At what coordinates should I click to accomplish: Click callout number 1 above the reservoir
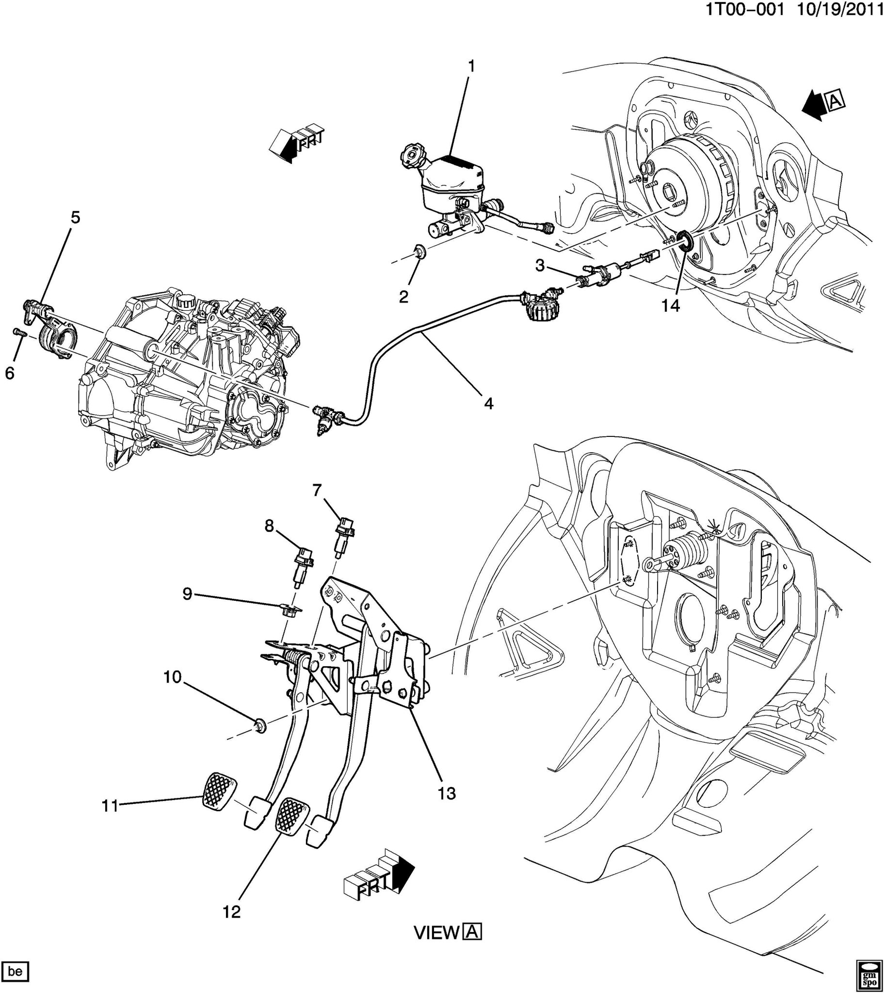tap(471, 66)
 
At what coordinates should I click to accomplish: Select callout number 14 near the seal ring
tap(669, 305)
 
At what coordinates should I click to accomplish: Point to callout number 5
tap(75, 217)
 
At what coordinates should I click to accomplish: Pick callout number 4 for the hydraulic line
tap(489, 403)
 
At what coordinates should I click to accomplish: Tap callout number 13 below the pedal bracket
tap(446, 793)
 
